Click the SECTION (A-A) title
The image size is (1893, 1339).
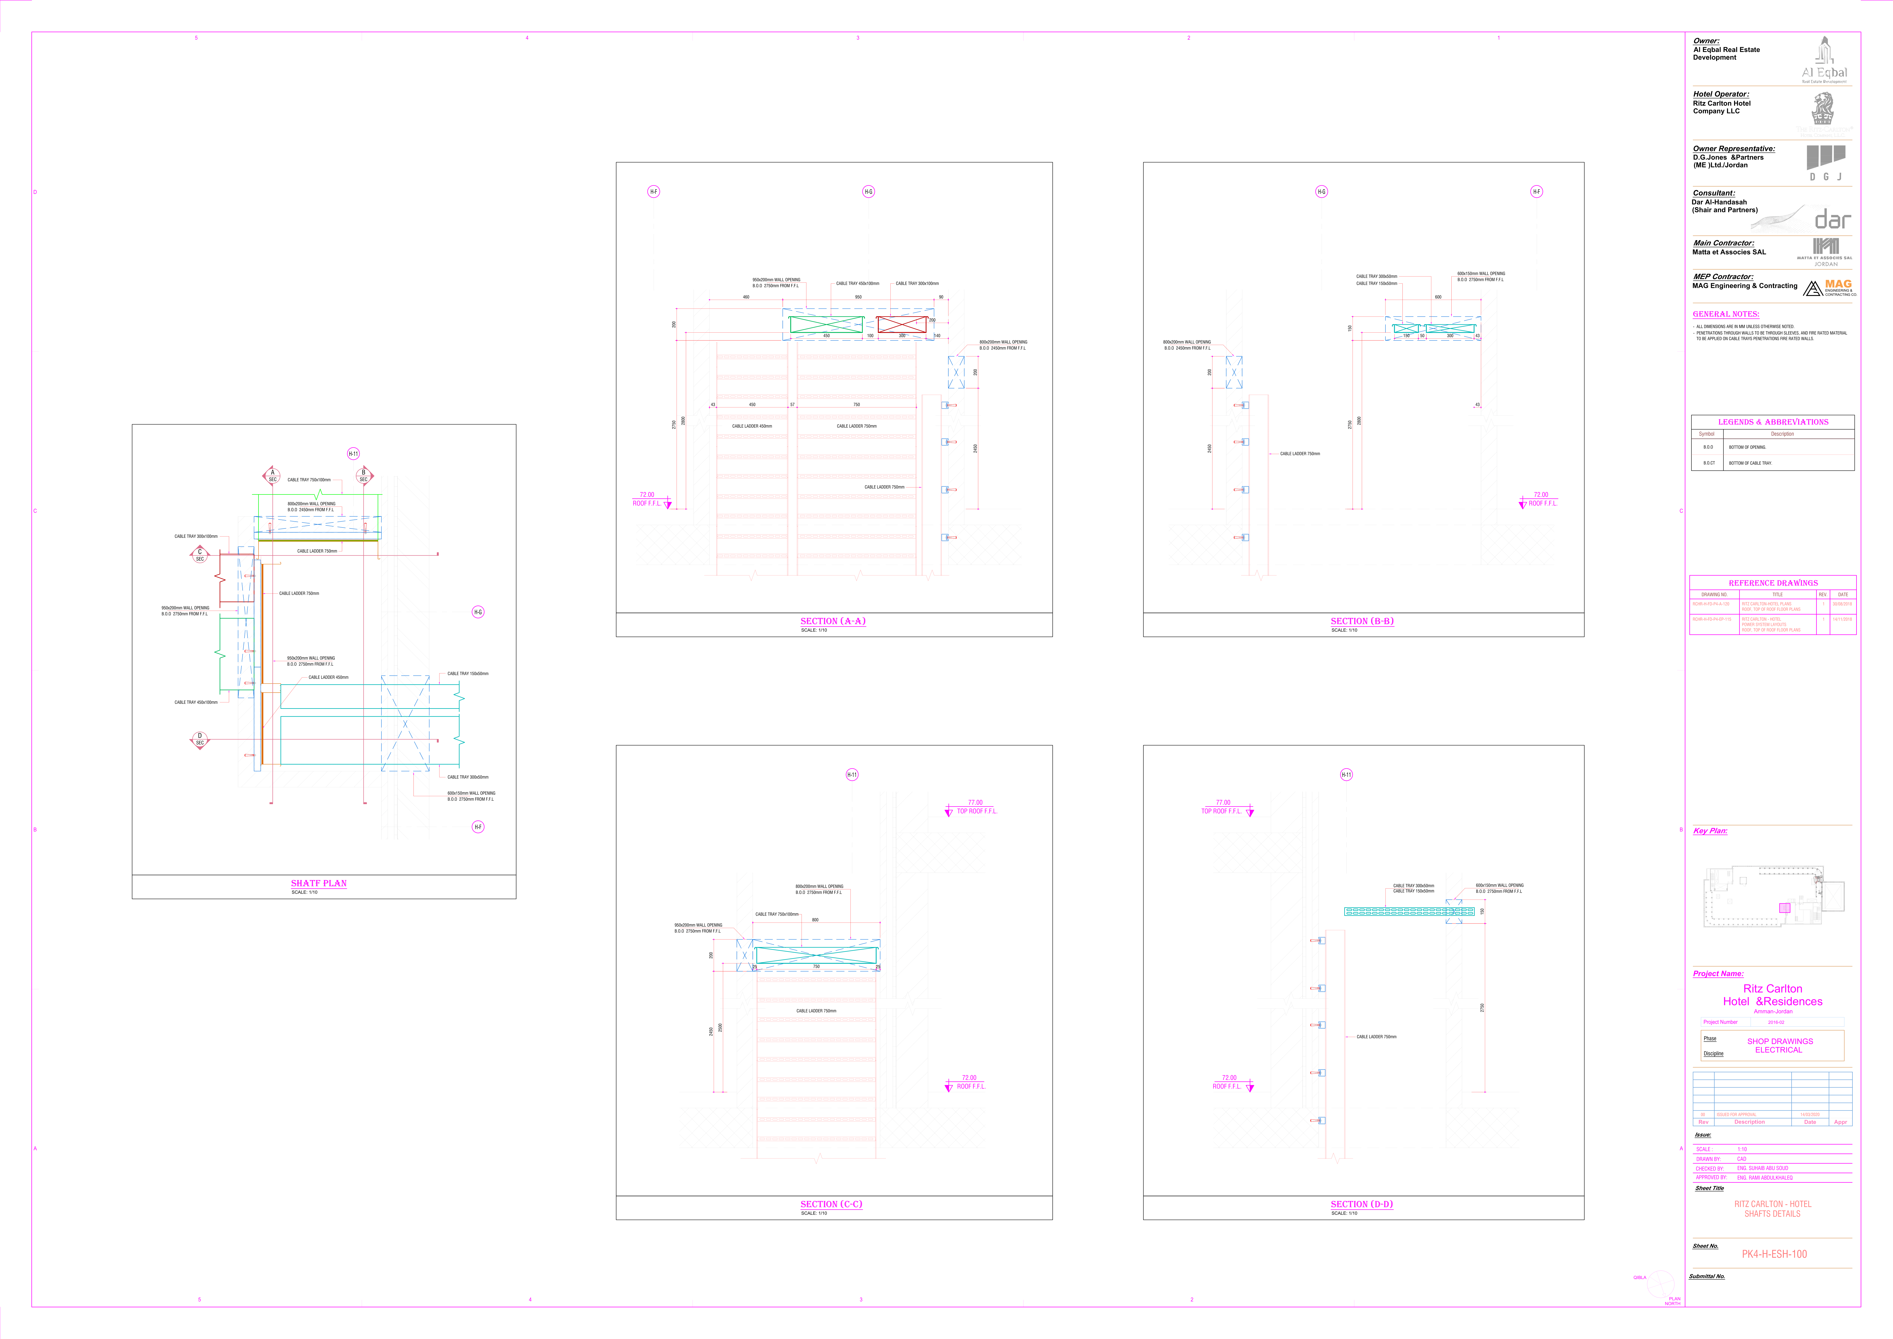833,621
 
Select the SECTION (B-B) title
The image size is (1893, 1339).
1361,621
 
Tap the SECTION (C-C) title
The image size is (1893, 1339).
831,1204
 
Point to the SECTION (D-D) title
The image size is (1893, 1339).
1361,1204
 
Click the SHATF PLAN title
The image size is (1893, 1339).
319,883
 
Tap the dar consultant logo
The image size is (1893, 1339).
1832,219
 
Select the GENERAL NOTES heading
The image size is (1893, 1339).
1726,314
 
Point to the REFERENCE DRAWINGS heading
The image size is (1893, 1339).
1773,583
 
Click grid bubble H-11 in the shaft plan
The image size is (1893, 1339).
353,453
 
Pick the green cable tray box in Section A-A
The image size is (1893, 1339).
826,324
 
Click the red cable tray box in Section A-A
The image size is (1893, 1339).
901,324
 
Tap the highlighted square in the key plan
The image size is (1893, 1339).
1785,908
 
